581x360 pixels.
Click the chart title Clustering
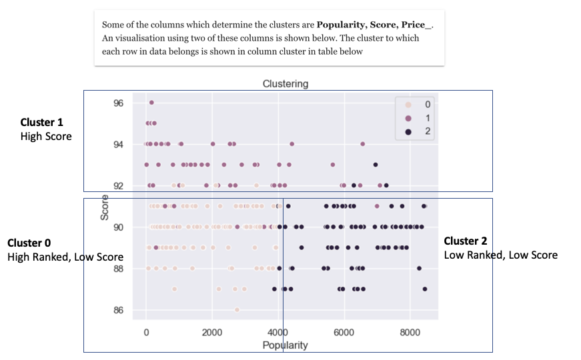[x=285, y=84]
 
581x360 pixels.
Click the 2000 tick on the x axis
[x=212, y=333]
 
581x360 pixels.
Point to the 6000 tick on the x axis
[x=344, y=333]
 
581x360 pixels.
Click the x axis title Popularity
[x=285, y=345]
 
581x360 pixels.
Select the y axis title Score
[x=105, y=207]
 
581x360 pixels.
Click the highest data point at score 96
[x=151, y=102]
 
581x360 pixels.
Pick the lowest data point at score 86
[x=237, y=309]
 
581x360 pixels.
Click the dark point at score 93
[x=376, y=164]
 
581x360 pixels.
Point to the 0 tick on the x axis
[x=147, y=333]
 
